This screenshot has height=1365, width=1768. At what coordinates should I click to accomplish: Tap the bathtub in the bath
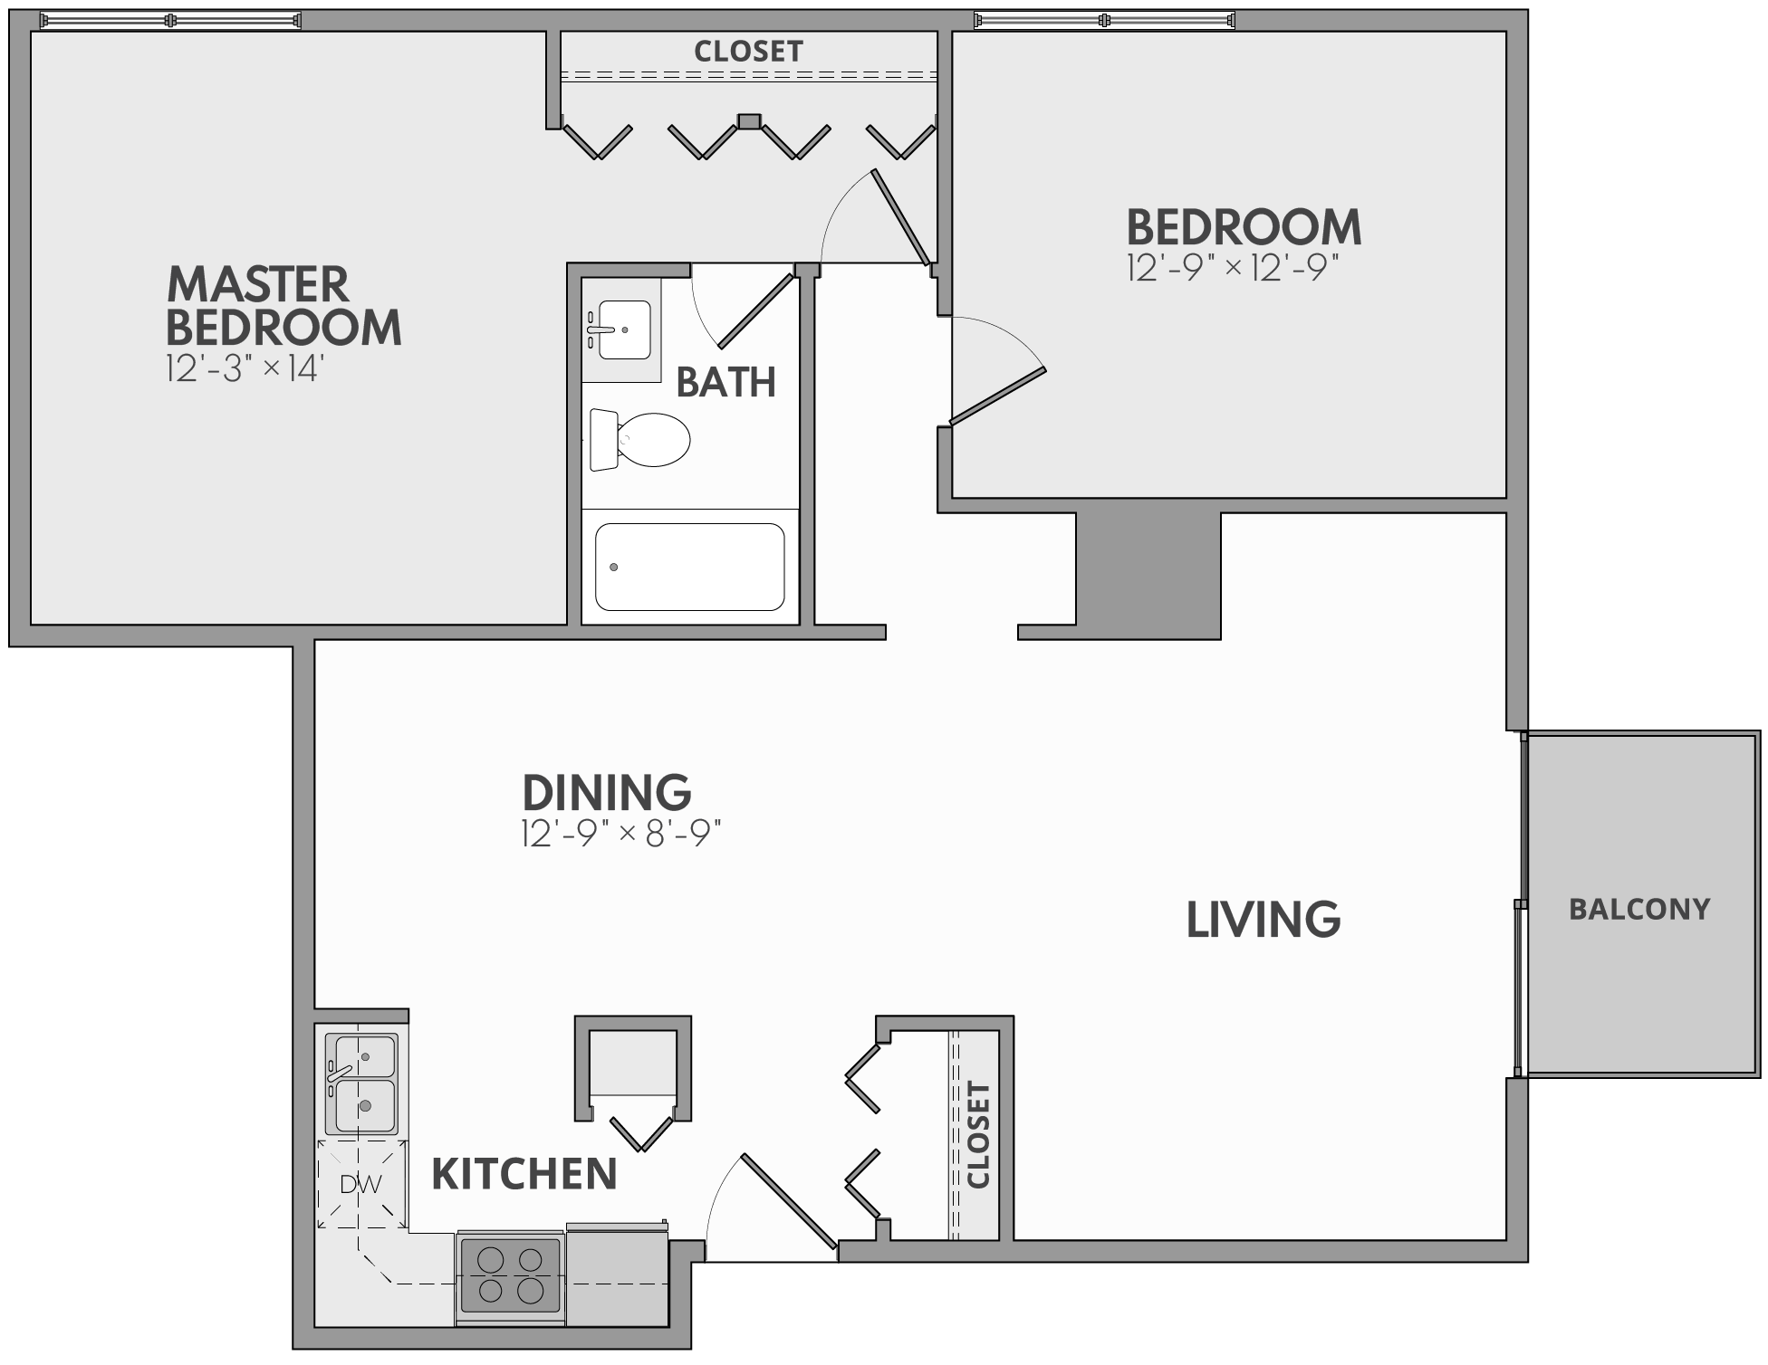tap(689, 567)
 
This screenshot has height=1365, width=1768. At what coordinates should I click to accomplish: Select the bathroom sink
tap(620, 329)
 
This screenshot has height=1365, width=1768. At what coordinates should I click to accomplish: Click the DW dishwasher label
tap(360, 1184)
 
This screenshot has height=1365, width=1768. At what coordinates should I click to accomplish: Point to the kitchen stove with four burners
tap(510, 1274)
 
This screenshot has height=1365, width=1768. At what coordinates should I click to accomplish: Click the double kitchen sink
tap(360, 1083)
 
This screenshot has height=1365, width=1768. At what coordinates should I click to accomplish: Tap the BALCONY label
tap(1639, 909)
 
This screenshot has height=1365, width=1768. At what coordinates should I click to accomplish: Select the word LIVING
tap(1264, 920)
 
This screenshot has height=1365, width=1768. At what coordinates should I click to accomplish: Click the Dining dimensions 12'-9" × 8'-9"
tap(620, 834)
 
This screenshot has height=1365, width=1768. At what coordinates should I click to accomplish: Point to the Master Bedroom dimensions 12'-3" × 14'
tap(245, 369)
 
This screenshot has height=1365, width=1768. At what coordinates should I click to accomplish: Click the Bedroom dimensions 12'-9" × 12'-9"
tap(1233, 269)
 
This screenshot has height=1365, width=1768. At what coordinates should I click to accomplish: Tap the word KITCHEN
tap(524, 1174)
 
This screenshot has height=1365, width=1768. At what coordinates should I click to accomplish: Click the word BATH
tap(725, 383)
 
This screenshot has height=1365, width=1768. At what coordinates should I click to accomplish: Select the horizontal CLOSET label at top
tap(748, 52)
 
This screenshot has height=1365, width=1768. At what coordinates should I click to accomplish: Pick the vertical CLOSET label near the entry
tap(979, 1134)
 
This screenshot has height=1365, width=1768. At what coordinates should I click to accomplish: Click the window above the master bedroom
tap(170, 20)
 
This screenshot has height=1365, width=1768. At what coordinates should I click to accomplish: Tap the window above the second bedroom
tap(1103, 20)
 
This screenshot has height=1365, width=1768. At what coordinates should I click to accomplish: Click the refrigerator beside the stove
tap(617, 1276)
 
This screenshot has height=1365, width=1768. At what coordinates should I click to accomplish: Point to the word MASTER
tap(258, 284)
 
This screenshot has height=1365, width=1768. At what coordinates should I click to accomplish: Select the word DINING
tap(607, 792)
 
